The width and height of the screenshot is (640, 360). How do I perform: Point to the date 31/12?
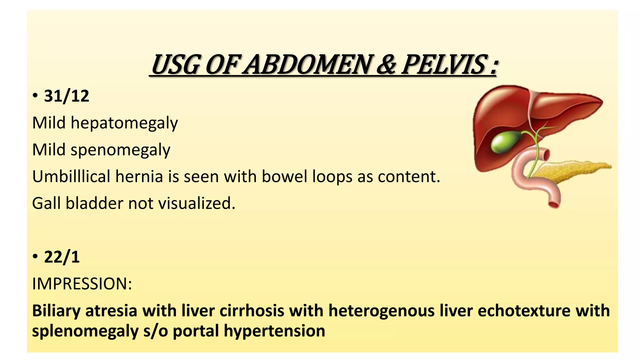coord(67,96)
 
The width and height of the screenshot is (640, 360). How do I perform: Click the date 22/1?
coord(62,257)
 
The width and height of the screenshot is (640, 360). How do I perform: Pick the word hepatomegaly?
coord(124,123)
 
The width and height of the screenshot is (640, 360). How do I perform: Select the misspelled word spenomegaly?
coord(120,150)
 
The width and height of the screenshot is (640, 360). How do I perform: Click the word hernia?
coord(139,177)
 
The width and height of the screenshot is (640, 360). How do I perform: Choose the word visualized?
coord(197,203)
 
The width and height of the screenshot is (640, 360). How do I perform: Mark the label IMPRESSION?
coord(82,284)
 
